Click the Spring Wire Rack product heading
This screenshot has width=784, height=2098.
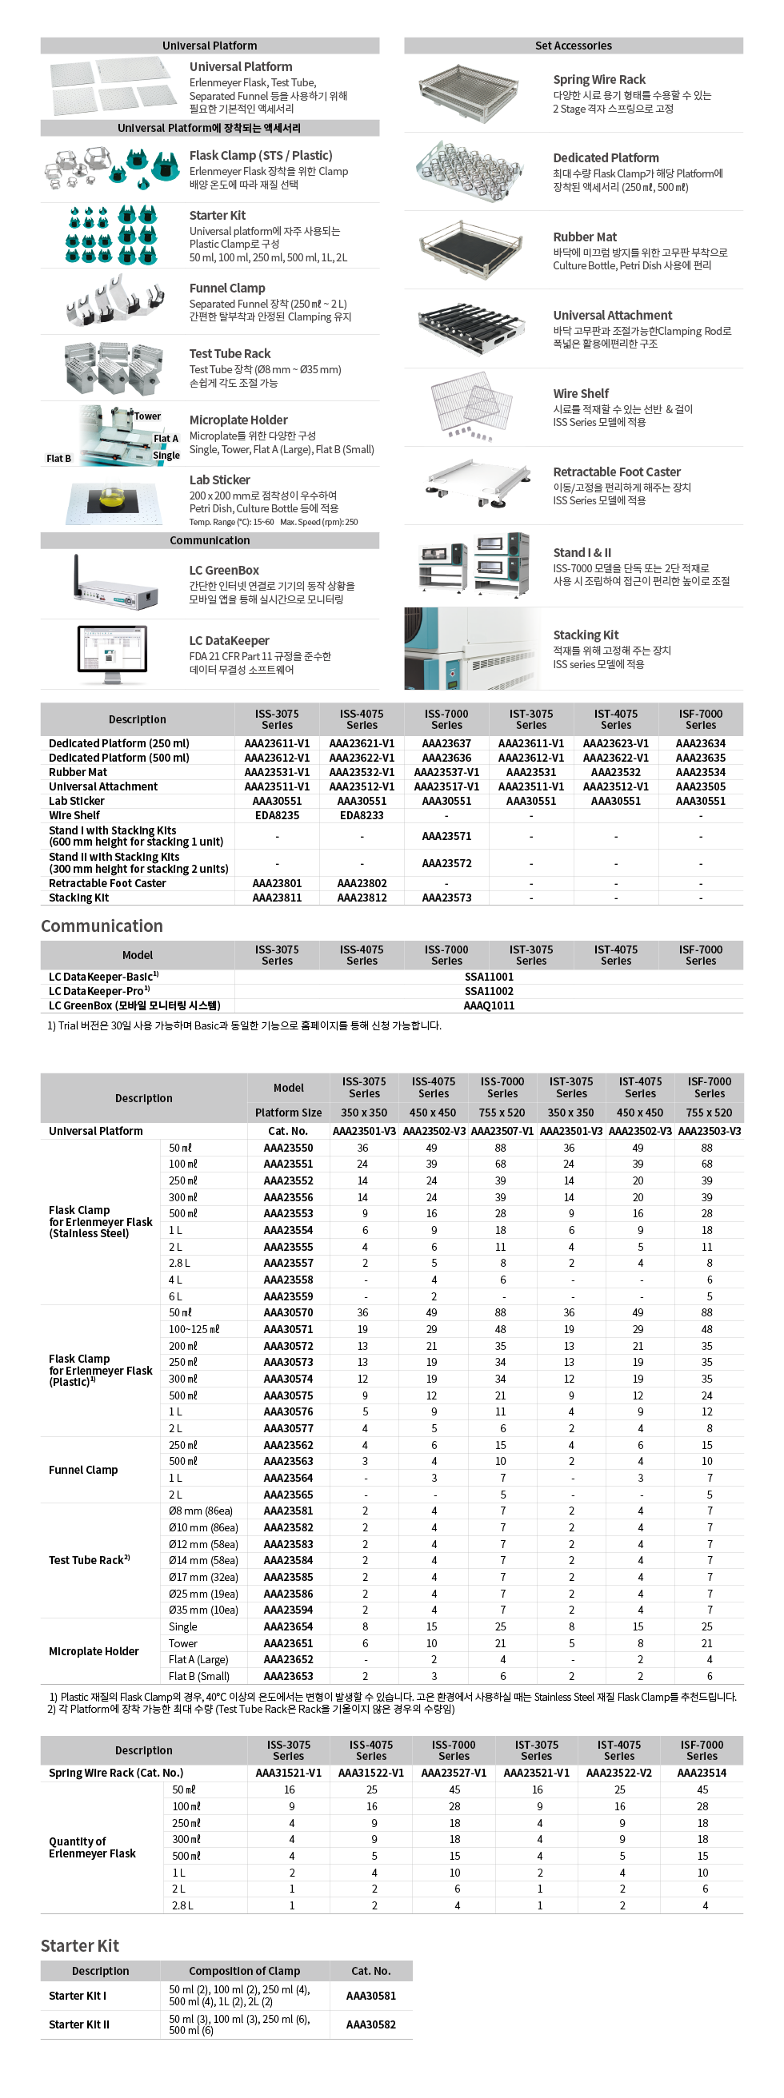[599, 79]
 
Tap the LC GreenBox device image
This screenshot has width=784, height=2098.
[115, 585]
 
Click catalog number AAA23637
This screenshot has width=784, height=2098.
[446, 743]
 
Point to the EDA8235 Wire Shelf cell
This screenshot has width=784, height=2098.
[276, 815]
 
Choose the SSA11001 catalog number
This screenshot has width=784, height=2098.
[488, 977]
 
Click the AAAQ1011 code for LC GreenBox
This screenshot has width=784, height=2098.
[488, 1005]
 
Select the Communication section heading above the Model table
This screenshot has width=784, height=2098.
[102, 926]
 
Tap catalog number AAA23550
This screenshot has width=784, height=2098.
[288, 1148]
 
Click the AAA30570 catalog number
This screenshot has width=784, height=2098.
[288, 1313]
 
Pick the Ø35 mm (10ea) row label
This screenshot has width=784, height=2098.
[203, 1610]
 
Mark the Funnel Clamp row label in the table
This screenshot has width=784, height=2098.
[83, 1470]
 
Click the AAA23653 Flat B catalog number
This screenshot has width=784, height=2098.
[288, 1676]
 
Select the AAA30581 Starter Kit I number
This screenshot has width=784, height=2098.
[371, 1996]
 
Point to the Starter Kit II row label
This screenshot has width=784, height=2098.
[79, 2024]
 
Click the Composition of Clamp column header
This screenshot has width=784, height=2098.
[245, 1971]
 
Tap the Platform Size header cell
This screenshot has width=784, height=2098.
[288, 1113]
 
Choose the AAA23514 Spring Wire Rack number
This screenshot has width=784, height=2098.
[701, 1773]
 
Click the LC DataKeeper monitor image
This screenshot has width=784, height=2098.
[114, 654]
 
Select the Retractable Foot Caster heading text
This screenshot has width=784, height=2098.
[616, 472]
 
